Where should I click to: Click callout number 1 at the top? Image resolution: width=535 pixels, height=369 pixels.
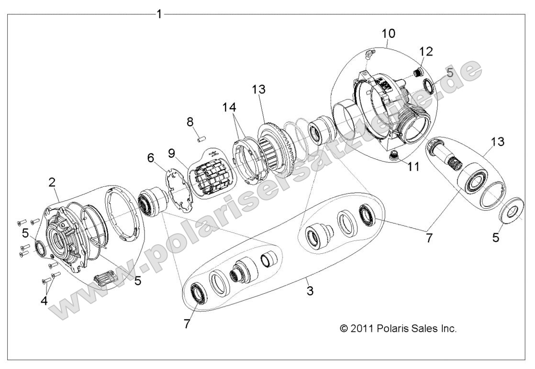click(x=159, y=14)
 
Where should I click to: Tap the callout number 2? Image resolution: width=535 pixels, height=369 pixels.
click(x=52, y=182)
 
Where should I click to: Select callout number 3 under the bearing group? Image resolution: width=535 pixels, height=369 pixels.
click(x=310, y=290)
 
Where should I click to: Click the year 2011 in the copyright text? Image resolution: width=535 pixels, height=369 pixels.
click(x=362, y=328)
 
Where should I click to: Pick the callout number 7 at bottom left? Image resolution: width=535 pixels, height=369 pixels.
click(x=186, y=325)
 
